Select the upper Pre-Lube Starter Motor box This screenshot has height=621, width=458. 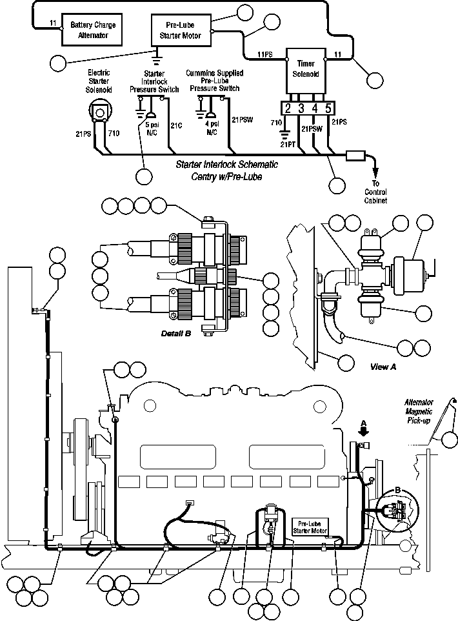pyautogui.click(x=180, y=30)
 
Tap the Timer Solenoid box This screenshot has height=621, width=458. pyautogui.click(x=305, y=69)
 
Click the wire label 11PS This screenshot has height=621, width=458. pyautogui.click(x=264, y=54)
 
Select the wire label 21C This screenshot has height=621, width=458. pyautogui.click(x=175, y=125)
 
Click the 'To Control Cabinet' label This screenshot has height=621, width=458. pyautogui.click(x=376, y=192)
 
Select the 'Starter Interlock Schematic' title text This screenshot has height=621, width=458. pyautogui.click(x=218, y=165)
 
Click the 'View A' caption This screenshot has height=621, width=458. pyautogui.click(x=384, y=367)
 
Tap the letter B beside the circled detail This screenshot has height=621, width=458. pyautogui.click(x=398, y=491)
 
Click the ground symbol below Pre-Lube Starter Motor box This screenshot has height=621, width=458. pyautogui.click(x=157, y=54)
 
